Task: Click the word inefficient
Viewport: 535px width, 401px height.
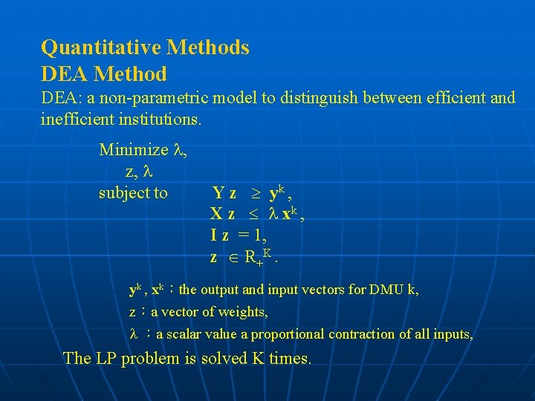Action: [x=77, y=119]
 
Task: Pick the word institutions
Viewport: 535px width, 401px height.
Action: [x=156, y=119]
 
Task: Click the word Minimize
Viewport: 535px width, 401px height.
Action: [x=134, y=150]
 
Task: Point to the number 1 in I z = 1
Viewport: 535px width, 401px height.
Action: [x=258, y=236]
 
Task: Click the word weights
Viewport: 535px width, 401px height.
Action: [x=243, y=312]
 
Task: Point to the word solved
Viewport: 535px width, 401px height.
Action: [x=227, y=359]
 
